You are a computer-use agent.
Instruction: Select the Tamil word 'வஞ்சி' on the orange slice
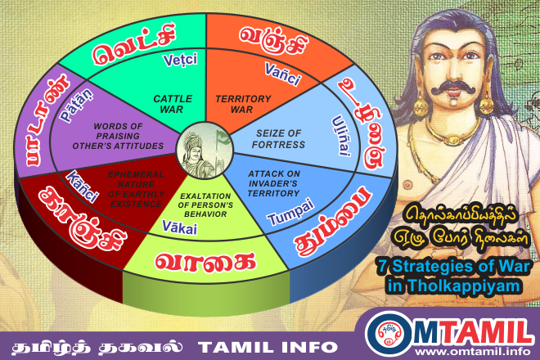(x=271, y=36)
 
